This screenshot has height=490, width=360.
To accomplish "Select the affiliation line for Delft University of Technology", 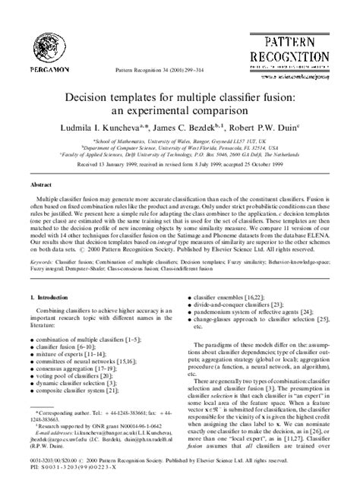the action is coord(179,154).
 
